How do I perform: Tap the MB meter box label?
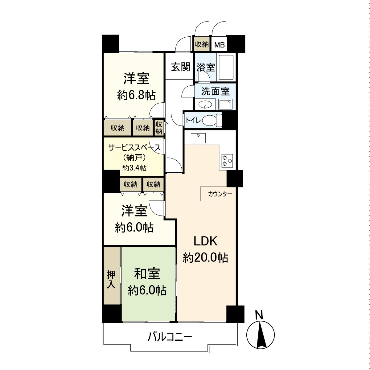220,45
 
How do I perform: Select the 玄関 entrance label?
180,67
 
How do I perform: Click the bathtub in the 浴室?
226,67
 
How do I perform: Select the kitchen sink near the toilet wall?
198,138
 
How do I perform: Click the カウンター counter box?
218,194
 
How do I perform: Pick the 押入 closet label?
111,279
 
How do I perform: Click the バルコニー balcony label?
170,336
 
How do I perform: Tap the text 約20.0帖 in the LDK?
205,257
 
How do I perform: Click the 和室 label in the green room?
147,273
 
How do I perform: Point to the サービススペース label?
134,148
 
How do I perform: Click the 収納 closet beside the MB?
202,44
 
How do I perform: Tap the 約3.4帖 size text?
134,168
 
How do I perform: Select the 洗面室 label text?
216,91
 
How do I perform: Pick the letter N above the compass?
259,315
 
